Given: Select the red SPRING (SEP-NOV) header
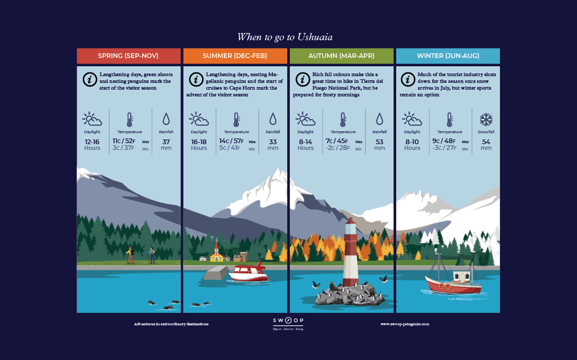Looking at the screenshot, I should coord(128,56).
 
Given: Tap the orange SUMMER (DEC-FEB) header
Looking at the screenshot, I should coord(235,56).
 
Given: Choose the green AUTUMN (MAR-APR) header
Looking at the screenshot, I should coord(341,56).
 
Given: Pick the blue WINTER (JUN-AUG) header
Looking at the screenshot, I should coord(448,56).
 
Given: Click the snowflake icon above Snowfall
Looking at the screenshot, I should coord(486,120).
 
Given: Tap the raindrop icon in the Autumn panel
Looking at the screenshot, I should coord(379,119).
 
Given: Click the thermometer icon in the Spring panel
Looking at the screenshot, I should coord(130,119).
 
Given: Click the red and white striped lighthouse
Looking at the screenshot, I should coord(351,253).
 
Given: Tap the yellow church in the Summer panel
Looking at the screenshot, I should coord(216,254).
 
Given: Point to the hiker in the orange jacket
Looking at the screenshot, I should coord(130,255).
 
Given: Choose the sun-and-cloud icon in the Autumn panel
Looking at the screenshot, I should coord(305,119).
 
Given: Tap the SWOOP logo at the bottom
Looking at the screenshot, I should coord(288,322).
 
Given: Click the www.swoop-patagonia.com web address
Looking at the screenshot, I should coord(405,324).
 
